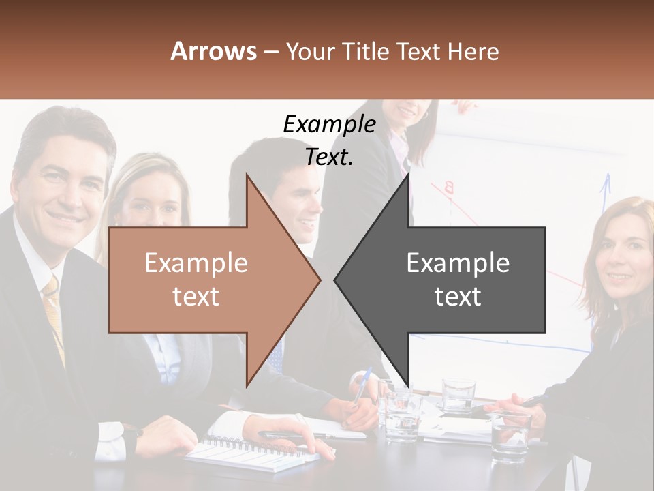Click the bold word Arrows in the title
point(213,51)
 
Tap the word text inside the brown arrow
point(196,297)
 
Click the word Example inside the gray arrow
point(458,263)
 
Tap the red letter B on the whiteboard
point(449,187)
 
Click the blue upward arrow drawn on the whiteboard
point(604,191)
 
